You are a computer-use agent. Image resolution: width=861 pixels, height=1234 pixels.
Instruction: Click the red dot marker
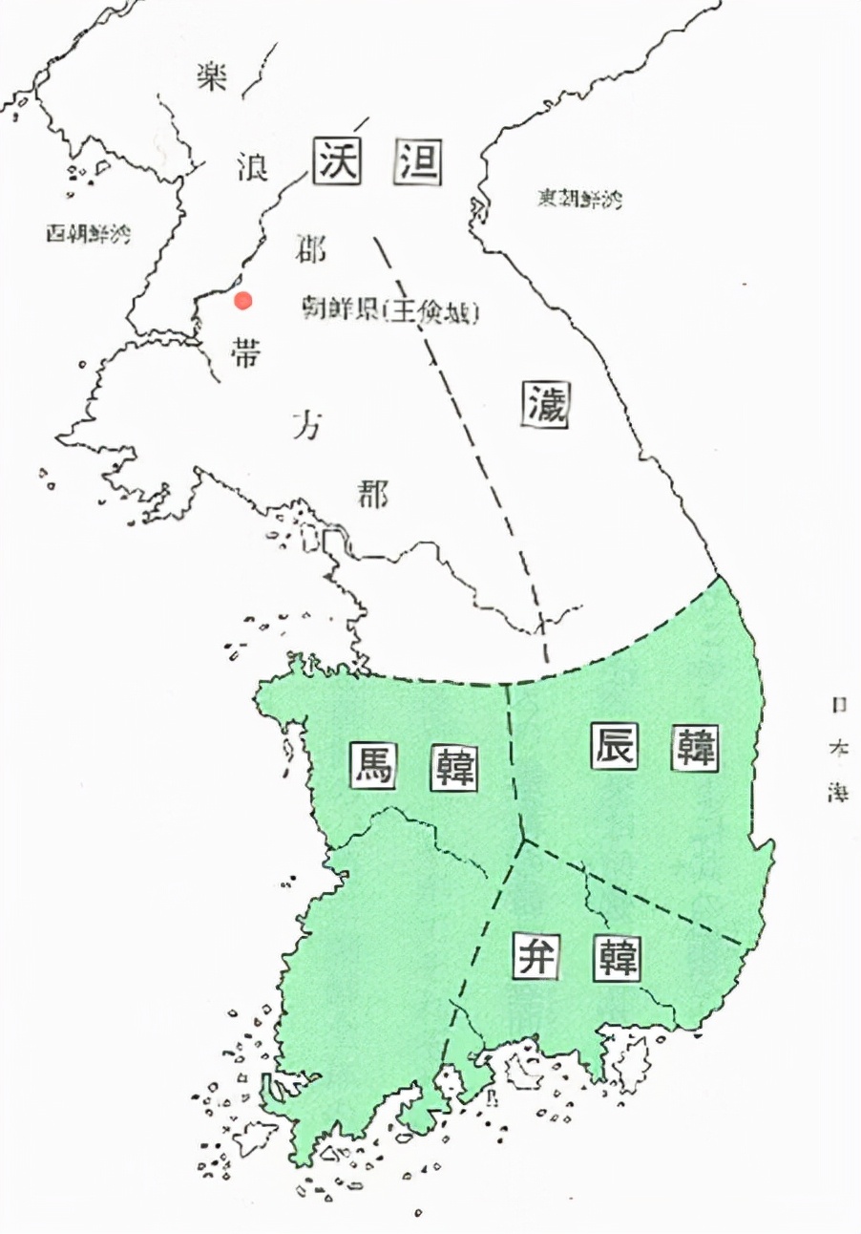tap(243, 300)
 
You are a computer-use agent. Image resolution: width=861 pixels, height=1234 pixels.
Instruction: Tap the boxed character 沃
tap(338, 161)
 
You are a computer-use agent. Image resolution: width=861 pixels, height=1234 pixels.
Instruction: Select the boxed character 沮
tap(418, 161)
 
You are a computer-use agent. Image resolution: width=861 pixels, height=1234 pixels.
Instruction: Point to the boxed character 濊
tap(547, 407)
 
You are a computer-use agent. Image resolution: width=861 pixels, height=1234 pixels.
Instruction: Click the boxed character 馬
tap(371, 763)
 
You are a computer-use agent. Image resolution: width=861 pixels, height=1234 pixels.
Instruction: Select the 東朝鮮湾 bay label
tap(577, 199)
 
